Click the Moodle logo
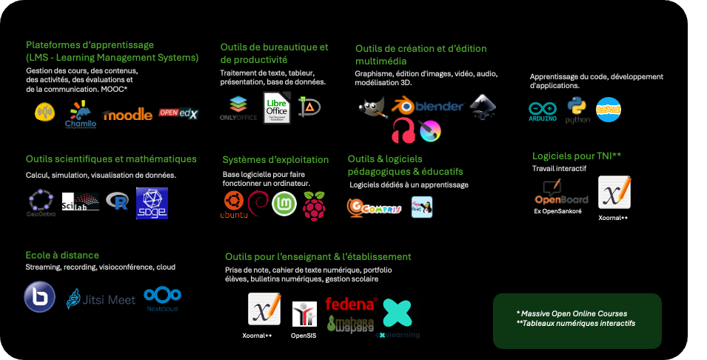coord(128,115)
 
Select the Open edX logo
coord(178,113)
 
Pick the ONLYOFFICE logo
coord(238,108)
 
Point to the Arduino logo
coord(543,112)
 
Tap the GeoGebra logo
coord(41,203)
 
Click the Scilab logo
coord(80,201)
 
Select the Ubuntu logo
coord(234,205)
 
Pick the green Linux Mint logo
coord(284,204)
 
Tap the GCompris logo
coord(374,208)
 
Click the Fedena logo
coord(352,304)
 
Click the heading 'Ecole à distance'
coord(62,255)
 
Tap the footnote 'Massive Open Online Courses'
coord(574,313)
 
